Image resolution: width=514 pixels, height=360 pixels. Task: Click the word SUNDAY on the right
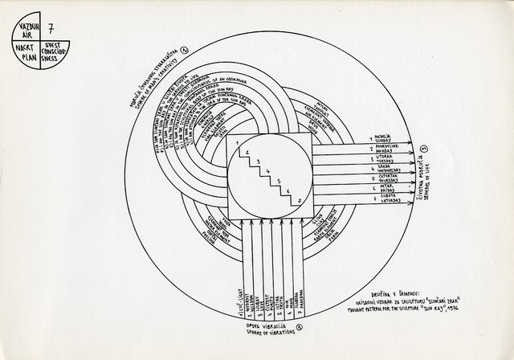pos(383,142)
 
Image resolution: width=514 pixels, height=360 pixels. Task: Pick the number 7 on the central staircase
pos(298,199)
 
